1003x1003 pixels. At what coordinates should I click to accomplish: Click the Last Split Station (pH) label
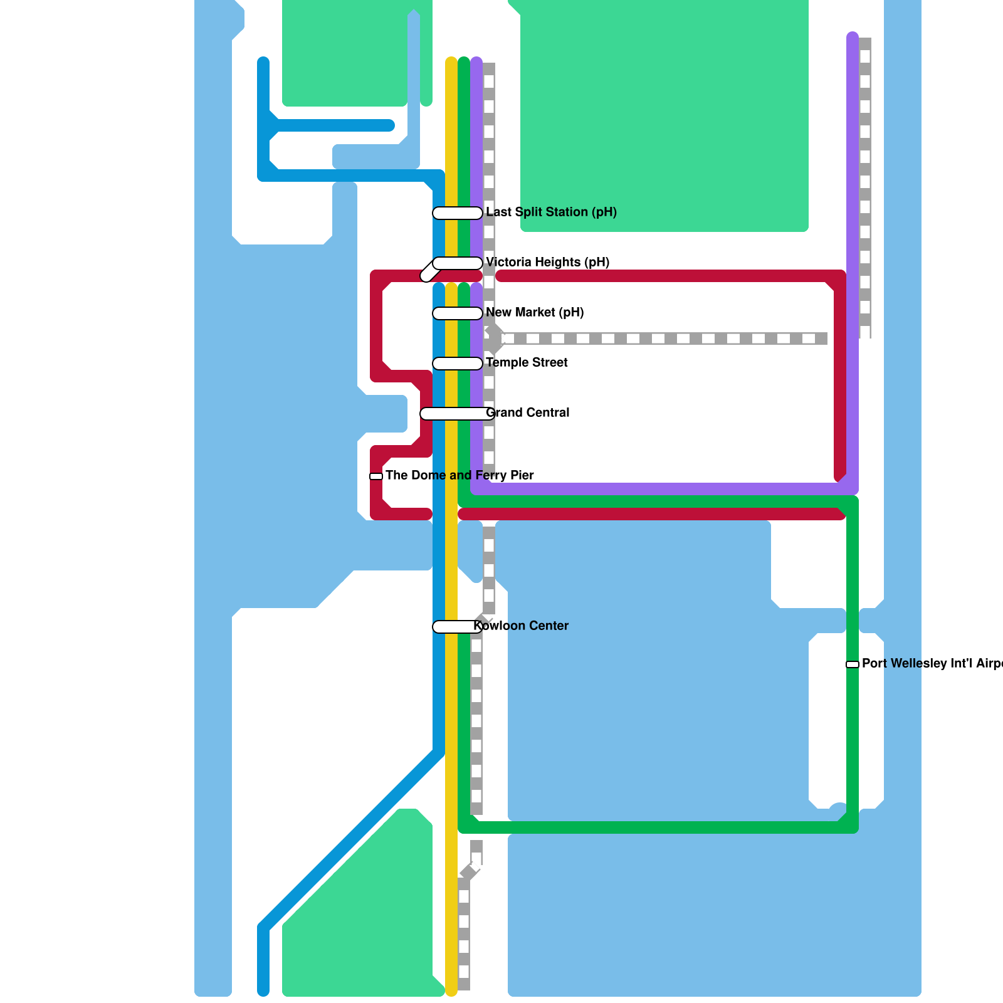coord(551,212)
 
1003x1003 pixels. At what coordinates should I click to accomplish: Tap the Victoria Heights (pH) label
coord(547,262)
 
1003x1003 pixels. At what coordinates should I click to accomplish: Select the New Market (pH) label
coord(535,312)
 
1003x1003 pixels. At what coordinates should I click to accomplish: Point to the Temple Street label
coord(527,362)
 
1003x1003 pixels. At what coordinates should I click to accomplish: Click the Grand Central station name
coord(528,412)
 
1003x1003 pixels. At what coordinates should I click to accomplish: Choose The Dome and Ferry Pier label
coord(459,475)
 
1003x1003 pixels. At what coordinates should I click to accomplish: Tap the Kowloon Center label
coord(521,626)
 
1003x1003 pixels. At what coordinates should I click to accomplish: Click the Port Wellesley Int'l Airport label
coord(932,663)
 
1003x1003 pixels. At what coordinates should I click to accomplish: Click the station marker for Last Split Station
coord(458,213)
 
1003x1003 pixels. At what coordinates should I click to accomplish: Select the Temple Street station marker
coord(458,364)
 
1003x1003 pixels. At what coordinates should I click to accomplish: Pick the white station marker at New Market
coord(458,313)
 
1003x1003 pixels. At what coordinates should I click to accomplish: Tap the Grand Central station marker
coord(454,414)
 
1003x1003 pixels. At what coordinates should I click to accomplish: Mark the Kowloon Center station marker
coord(456,627)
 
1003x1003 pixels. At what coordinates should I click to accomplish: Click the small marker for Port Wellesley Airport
coord(853,664)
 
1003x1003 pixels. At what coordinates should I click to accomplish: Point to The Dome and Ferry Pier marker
coord(376,476)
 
